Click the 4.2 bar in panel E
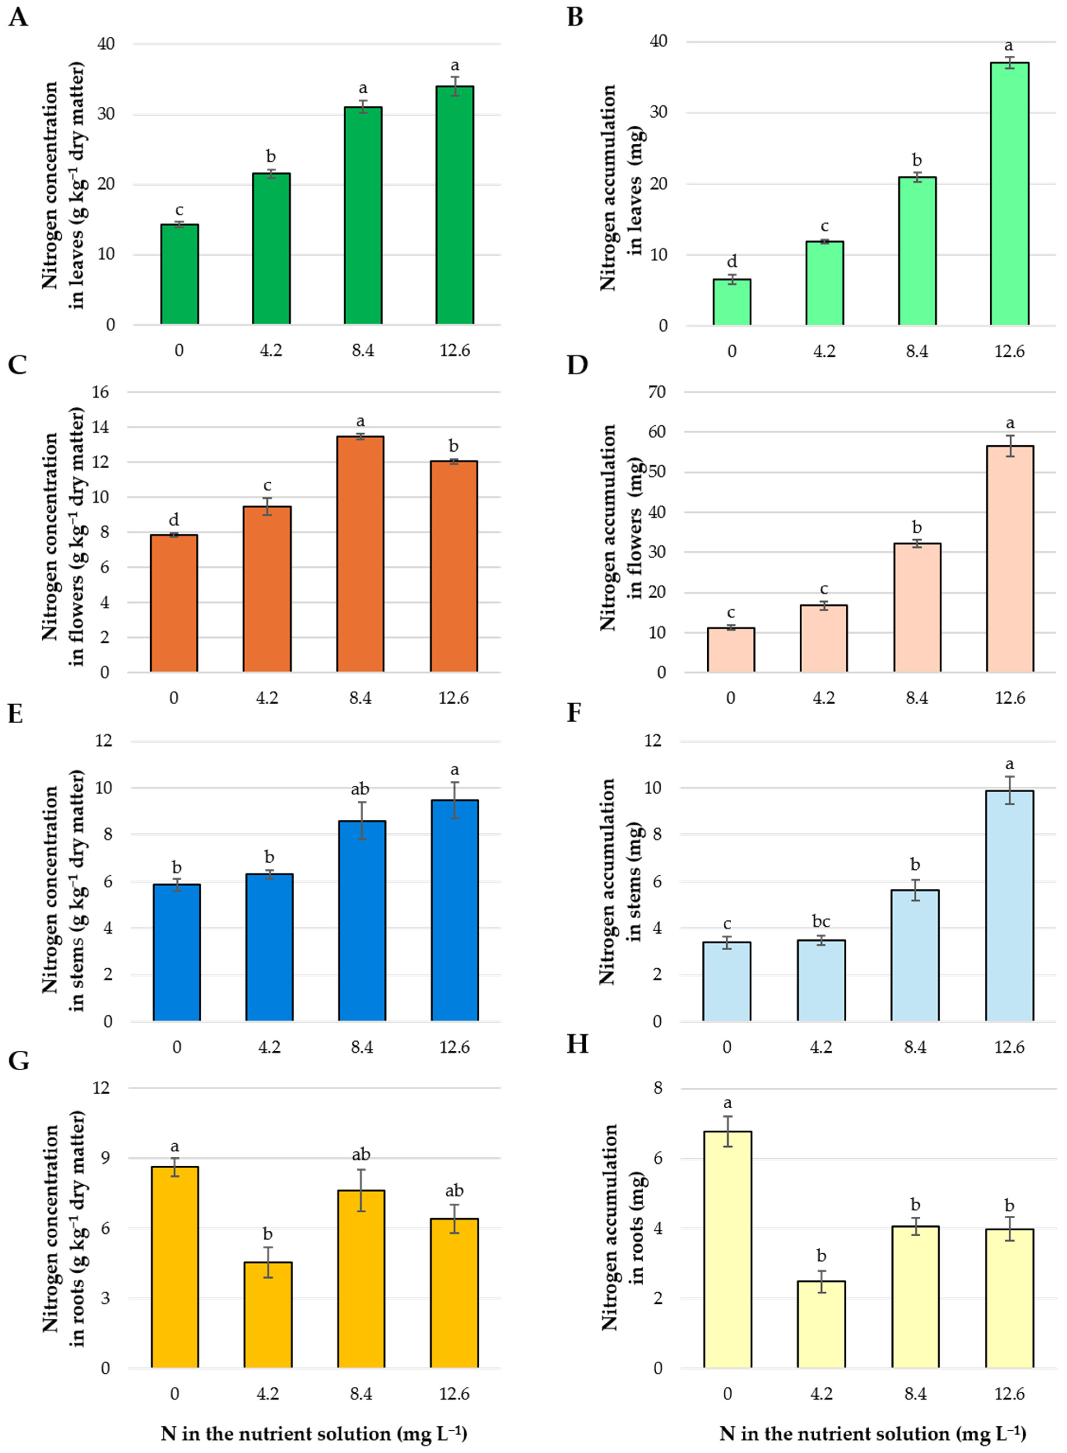pos(269,948)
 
